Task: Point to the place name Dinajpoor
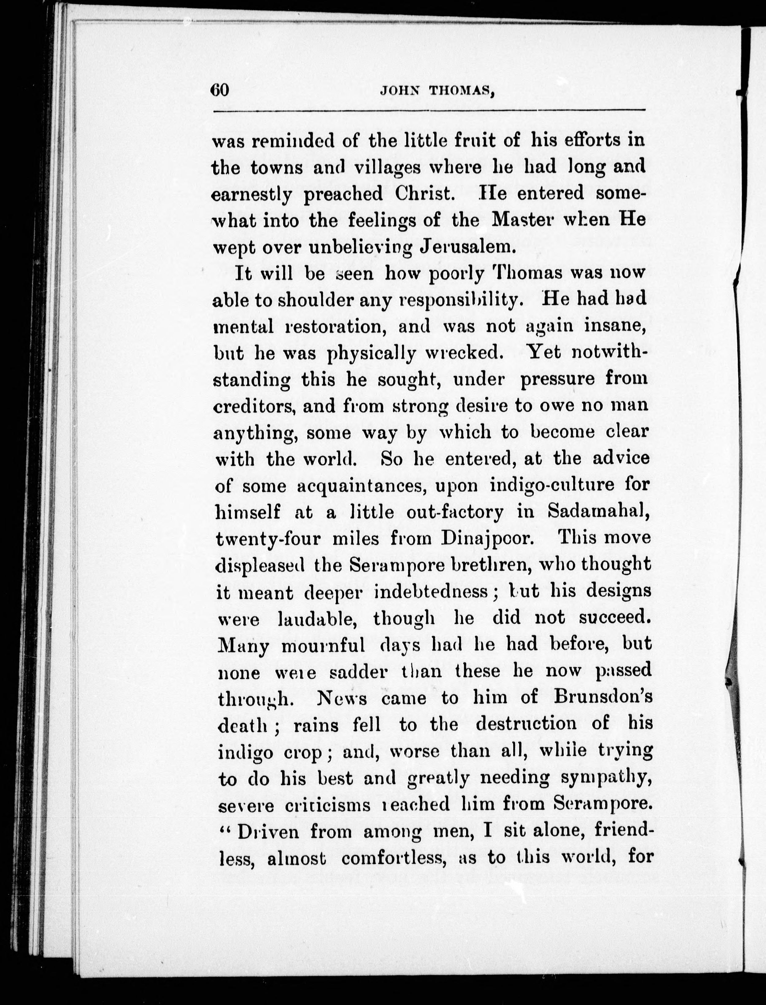click(x=487, y=538)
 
